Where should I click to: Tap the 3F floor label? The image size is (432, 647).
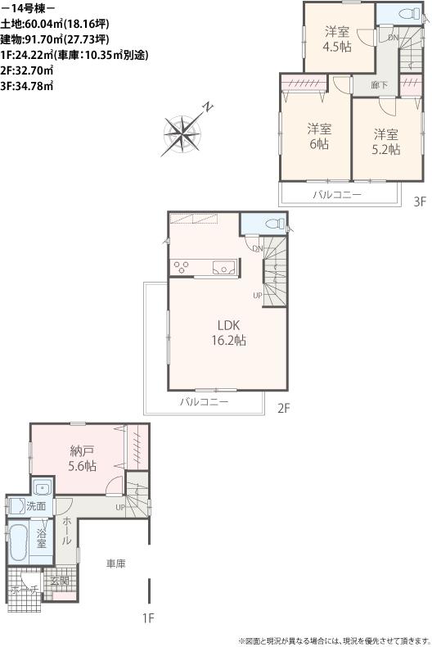pos(419,201)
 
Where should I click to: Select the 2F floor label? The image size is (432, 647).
pos(283,407)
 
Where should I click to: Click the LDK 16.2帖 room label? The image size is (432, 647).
pos(228,332)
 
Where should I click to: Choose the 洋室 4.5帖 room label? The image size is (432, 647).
pos(337,39)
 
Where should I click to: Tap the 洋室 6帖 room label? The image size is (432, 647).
pos(319,135)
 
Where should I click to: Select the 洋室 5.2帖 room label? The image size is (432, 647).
pos(386,141)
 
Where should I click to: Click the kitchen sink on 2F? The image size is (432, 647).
pos(224,266)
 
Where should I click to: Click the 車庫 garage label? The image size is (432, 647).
pos(115,563)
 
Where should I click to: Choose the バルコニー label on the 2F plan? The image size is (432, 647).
pos(204,403)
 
